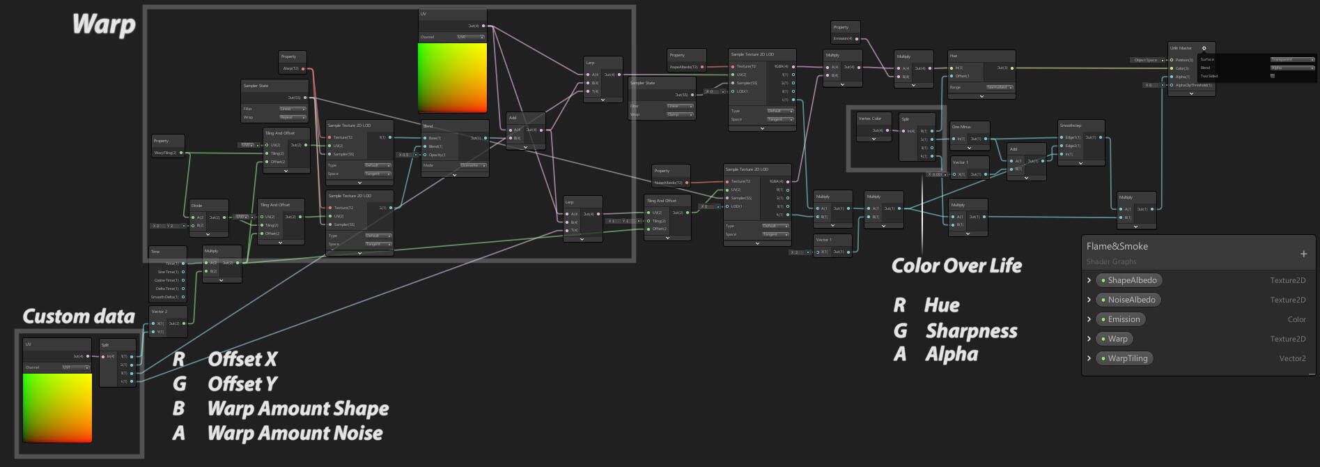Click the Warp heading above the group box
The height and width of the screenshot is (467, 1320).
tap(104, 24)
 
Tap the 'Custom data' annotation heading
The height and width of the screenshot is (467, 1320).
tap(79, 316)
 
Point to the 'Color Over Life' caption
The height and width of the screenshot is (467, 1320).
tap(956, 266)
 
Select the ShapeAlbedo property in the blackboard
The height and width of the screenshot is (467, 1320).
tap(1132, 280)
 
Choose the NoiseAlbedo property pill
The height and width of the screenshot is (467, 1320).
tap(1131, 300)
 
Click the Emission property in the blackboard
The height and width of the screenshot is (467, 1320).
tap(1124, 319)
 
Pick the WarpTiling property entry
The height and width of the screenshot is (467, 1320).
tap(1127, 358)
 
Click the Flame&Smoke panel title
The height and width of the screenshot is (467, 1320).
tap(1117, 246)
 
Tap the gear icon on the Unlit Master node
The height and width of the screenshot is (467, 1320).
tap(1204, 48)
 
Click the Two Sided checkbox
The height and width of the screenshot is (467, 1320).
tap(1273, 76)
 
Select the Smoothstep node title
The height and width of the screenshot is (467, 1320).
tap(1071, 125)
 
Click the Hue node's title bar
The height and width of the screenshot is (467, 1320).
tap(954, 56)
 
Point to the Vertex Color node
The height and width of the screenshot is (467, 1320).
tap(870, 118)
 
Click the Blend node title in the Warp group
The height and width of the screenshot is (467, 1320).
tap(428, 126)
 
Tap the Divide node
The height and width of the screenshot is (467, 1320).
tap(197, 206)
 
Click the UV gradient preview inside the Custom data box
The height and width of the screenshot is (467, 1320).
tap(57, 407)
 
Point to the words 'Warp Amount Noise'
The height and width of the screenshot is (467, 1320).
tap(295, 433)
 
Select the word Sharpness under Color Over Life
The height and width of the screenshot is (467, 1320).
tap(971, 330)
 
